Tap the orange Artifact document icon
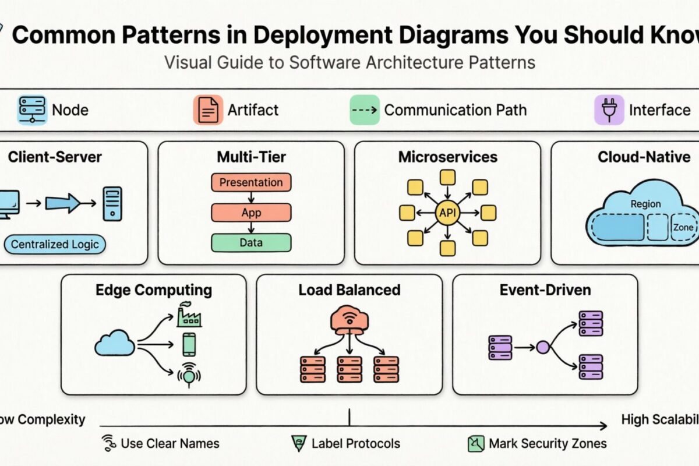pos(209,110)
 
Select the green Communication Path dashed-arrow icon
pos(364,110)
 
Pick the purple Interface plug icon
pos(609,110)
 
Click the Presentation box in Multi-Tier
pos(251,182)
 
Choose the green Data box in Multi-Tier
pos(251,242)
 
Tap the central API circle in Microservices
pos(447,213)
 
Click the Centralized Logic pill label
pos(56,244)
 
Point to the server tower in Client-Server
pos(112,203)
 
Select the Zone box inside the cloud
pos(683,227)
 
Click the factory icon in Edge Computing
pos(189,315)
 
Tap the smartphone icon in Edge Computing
pos(189,345)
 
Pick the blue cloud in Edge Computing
pos(115,343)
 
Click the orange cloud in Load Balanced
pos(349,320)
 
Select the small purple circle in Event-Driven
pos(542,348)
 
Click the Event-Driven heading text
pos(545,290)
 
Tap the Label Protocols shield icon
pos(298,444)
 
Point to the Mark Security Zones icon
pos(476,444)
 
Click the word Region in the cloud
pos(645,204)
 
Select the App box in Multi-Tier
pos(251,213)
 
